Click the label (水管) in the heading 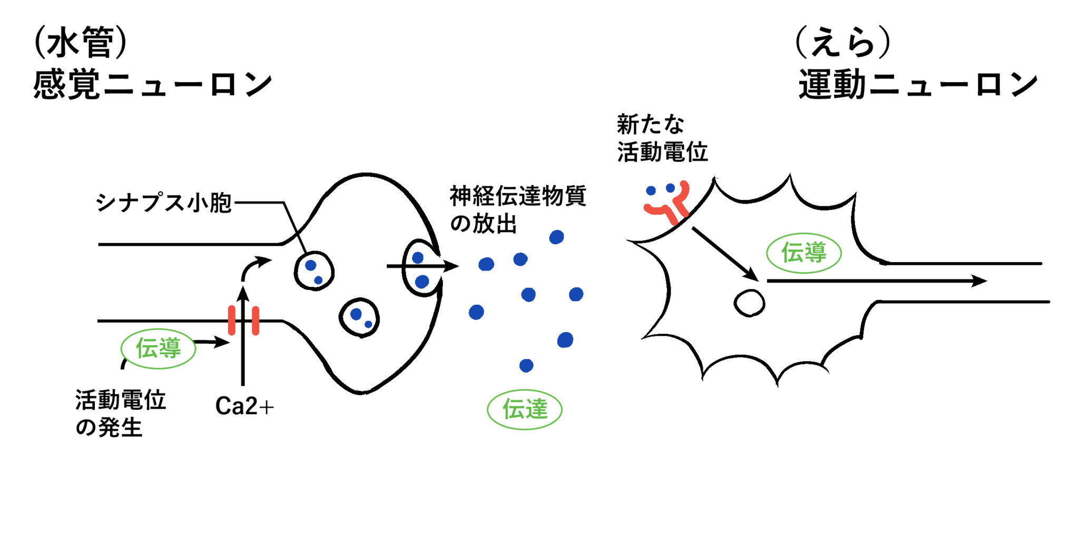coord(80,42)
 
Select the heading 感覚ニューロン coord(152,84)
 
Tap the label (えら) coord(842,42)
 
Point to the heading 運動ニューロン coord(918,84)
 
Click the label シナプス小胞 coord(163,203)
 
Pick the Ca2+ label coord(244,406)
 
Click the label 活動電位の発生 coord(120,414)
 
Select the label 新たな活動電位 coord(662,138)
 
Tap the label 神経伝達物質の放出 coord(517,209)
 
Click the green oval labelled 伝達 coord(525,410)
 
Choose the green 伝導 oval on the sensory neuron coord(159,348)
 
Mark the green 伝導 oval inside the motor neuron coord(803,253)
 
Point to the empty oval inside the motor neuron coord(749,303)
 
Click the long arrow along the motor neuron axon coord(875,281)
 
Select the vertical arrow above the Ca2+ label coord(243,337)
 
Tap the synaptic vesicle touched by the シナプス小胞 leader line coord(314,271)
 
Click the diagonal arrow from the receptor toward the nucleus coord(724,254)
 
